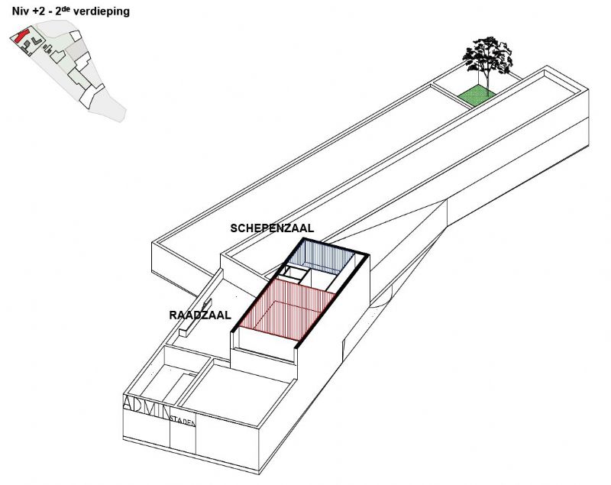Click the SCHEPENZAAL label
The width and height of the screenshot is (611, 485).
[272, 228]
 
